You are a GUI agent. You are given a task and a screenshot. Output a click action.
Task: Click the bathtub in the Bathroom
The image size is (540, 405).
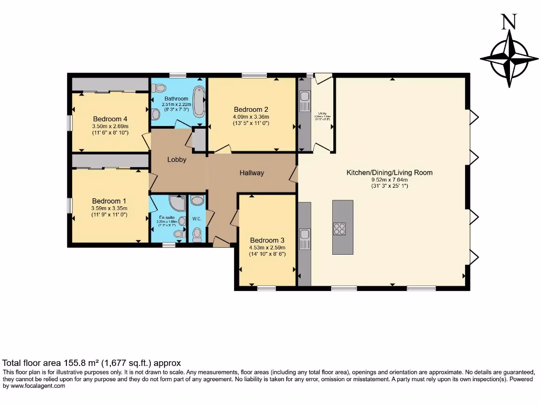pyautogui.click(x=199, y=101)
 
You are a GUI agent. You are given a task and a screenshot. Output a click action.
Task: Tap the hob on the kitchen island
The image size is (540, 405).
pyautogui.click(x=339, y=228)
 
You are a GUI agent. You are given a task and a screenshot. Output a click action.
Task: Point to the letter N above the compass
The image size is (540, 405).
pyautogui.click(x=508, y=22)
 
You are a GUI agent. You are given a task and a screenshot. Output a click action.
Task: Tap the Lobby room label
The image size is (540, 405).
pyautogui.click(x=177, y=159)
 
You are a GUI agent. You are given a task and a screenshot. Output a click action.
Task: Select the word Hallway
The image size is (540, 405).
pyautogui.click(x=252, y=173)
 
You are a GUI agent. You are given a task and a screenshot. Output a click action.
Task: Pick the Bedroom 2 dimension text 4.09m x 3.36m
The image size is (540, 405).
pyautogui.click(x=251, y=117)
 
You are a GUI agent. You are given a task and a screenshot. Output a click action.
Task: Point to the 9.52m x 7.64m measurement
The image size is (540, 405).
pyautogui.click(x=389, y=179)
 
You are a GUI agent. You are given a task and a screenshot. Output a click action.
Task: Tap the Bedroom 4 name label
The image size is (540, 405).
pyautogui.click(x=110, y=119)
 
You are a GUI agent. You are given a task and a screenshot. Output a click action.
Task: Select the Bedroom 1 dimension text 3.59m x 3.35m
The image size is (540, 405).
pyautogui.click(x=109, y=208)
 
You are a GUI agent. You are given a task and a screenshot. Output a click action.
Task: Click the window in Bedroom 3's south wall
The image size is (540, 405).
pyautogui.click(x=267, y=288)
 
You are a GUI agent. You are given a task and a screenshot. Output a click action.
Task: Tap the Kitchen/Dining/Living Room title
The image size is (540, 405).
pyautogui.click(x=389, y=172)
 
